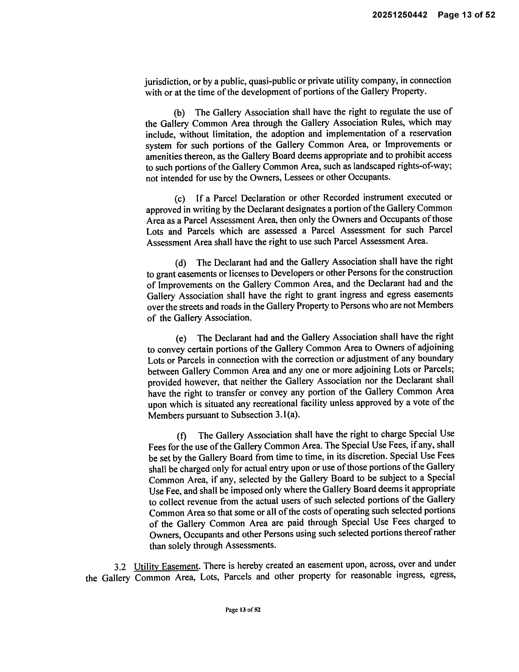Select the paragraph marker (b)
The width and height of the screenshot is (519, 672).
179,113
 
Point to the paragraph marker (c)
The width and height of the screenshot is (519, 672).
180,199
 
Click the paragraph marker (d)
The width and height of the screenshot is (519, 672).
180,263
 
